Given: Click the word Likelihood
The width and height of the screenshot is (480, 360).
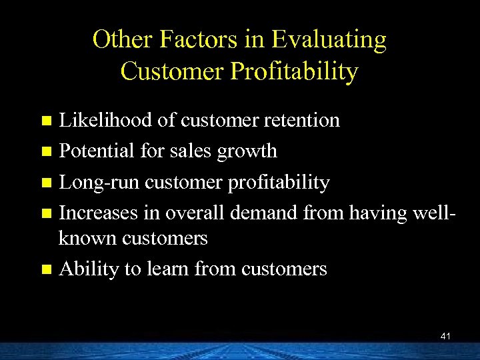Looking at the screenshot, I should [x=107, y=120].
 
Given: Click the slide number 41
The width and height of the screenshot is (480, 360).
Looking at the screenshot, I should [x=445, y=337].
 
